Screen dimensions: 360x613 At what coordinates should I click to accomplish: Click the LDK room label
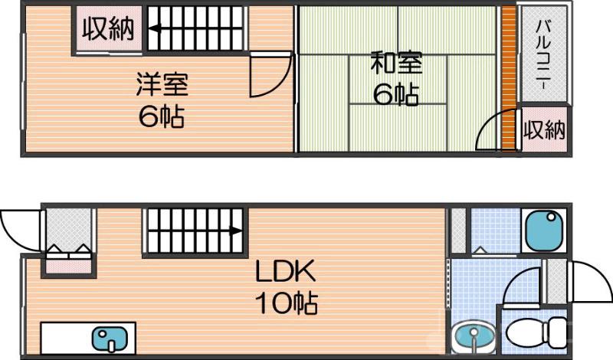click(x=286, y=272)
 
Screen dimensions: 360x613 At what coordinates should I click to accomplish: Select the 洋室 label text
click(x=162, y=83)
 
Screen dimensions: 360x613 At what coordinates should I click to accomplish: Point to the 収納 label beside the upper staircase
click(x=108, y=29)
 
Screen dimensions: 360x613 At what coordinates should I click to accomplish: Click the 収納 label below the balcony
click(x=544, y=129)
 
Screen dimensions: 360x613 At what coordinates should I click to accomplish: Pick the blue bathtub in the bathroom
click(x=543, y=229)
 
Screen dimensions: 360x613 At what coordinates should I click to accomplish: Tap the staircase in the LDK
click(x=194, y=230)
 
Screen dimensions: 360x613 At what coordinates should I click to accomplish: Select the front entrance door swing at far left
click(x=17, y=227)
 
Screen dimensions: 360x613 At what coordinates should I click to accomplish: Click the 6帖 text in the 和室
click(x=395, y=94)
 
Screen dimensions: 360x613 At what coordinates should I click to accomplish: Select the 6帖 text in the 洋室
click(x=162, y=117)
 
